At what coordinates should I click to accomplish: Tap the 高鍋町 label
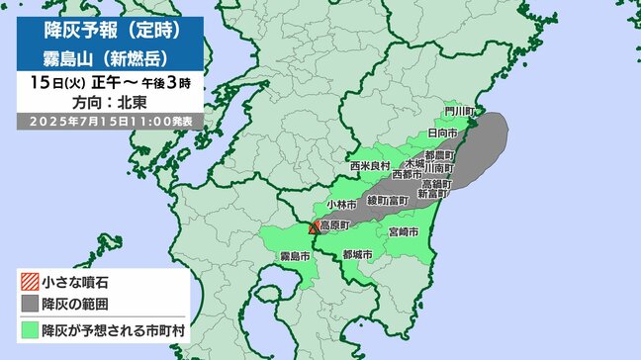click(x=436, y=183)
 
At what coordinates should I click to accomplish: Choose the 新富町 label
click(x=434, y=195)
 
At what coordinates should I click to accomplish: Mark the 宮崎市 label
click(x=407, y=231)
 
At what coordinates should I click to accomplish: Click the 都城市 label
click(x=356, y=255)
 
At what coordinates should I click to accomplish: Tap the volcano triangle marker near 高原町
click(x=315, y=228)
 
